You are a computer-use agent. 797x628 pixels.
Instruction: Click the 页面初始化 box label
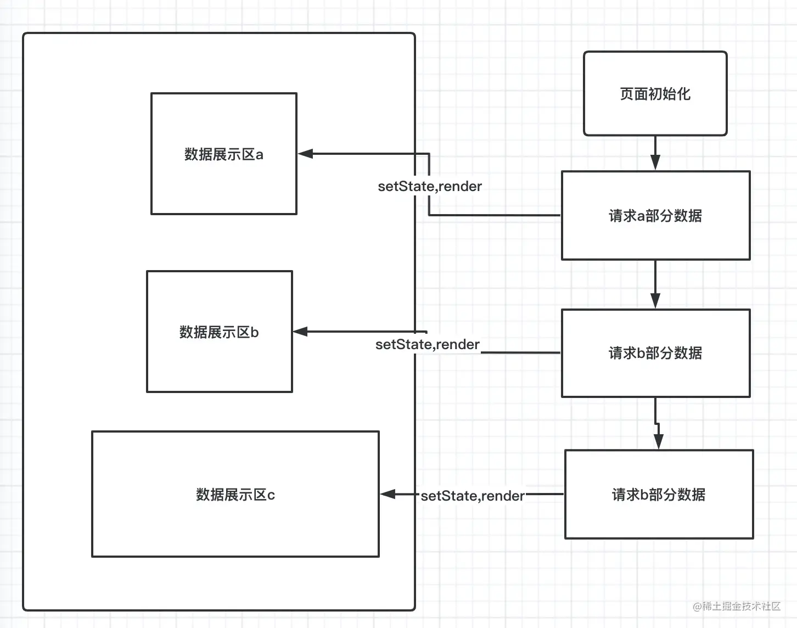[655, 94]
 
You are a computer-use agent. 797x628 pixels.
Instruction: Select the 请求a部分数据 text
[655, 216]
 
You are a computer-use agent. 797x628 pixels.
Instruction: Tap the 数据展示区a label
[224, 154]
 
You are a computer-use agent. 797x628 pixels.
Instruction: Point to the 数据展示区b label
[219, 332]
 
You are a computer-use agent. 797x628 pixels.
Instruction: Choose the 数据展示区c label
[235, 495]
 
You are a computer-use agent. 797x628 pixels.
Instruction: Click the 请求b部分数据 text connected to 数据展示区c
[659, 495]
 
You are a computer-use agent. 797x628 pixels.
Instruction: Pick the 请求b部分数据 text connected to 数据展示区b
[655, 353]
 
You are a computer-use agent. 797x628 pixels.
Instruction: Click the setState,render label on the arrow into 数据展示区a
[430, 186]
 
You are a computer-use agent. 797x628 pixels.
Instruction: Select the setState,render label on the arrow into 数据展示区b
[428, 345]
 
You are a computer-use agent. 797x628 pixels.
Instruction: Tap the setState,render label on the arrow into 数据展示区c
[473, 496]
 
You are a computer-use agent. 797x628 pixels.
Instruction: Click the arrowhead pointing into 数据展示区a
[305, 154]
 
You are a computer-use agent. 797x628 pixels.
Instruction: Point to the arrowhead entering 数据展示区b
[300, 332]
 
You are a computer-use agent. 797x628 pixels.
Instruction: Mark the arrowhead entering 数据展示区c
[388, 494]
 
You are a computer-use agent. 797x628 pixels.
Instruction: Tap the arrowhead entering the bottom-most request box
[659, 441]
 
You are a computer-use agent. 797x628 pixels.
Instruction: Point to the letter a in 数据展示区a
[259, 155]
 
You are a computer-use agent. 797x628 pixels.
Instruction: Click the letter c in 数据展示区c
[271, 495]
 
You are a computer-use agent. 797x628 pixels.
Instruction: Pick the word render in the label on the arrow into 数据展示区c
[503, 496]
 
